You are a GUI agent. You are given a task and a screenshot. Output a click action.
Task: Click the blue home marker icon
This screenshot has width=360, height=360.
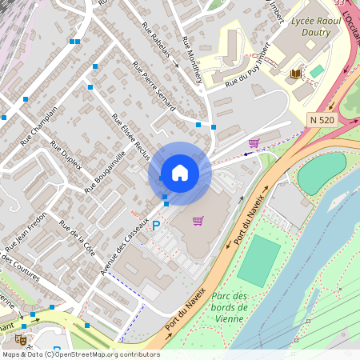click(x=180, y=173)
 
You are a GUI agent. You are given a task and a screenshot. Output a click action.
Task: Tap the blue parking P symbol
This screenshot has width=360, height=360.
click(x=156, y=226)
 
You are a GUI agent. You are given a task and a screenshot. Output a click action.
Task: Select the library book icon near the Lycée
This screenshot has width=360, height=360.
click(x=295, y=74)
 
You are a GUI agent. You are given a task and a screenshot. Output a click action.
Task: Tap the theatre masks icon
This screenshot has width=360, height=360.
click(x=21, y=339)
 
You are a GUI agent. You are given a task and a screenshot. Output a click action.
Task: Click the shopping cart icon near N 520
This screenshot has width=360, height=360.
click(x=254, y=143)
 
